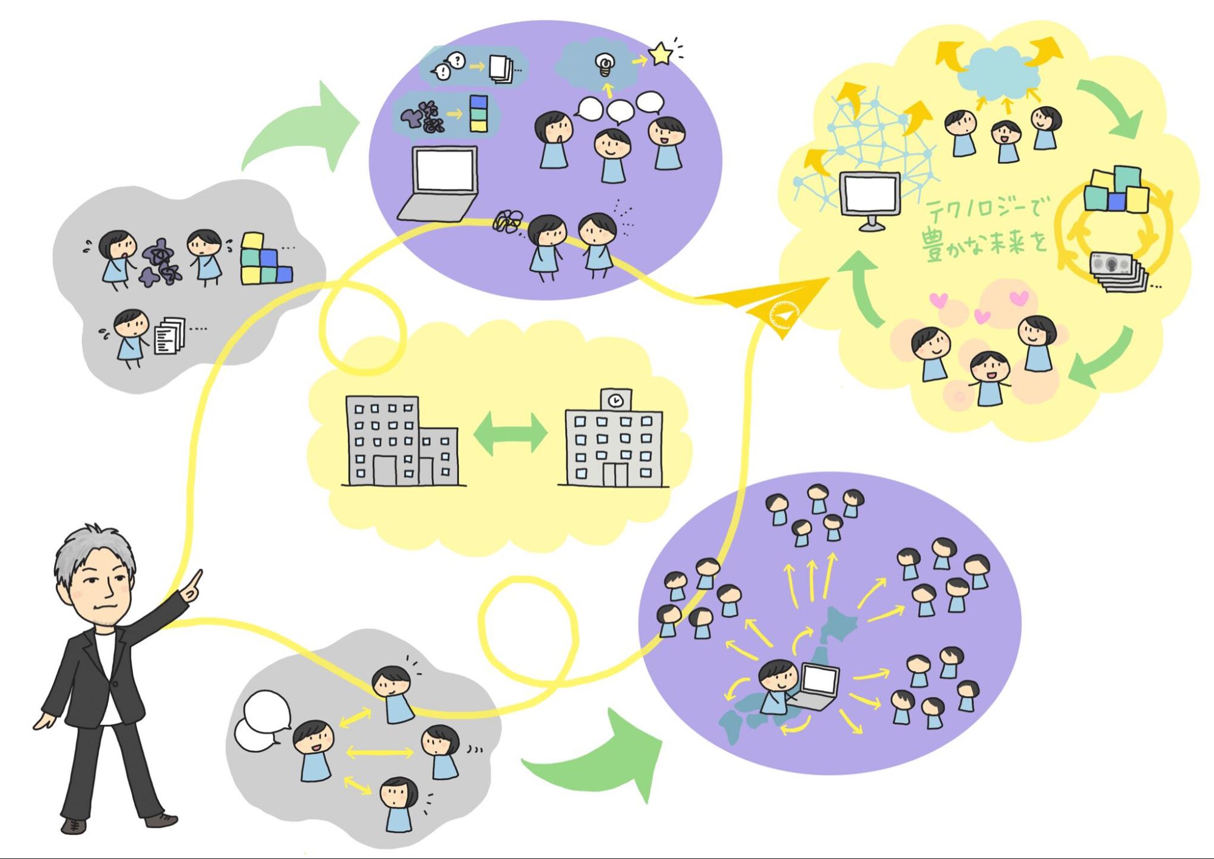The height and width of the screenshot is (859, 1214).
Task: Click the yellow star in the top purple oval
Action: pos(660,55)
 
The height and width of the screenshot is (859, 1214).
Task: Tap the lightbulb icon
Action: pos(605,64)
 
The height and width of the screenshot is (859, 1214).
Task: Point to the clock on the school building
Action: pos(615,401)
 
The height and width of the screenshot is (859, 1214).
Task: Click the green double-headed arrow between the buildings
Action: pos(510,433)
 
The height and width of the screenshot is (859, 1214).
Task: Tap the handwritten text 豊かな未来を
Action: pos(983,243)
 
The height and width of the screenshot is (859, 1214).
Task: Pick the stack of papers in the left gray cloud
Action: pos(169,335)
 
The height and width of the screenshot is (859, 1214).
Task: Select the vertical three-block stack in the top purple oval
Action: pos(478,114)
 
